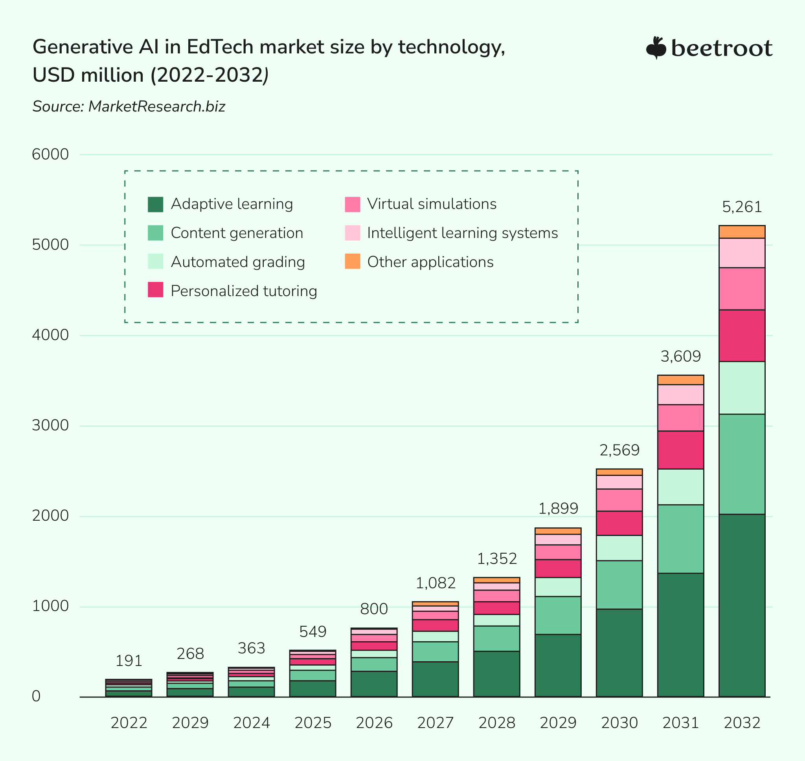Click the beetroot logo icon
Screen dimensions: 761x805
click(x=656, y=48)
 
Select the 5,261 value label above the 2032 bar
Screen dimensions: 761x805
click(x=742, y=207)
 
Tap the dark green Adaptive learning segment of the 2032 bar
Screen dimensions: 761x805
click(x=742, y=605)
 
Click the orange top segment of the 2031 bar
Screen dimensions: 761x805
click(x=680, y=380)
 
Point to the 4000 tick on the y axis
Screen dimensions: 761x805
click(x=50, y=335)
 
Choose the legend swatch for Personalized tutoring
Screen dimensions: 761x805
click(x=156, y=290)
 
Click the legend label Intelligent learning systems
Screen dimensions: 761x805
click(x=462, y=233)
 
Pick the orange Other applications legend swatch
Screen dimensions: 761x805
click(x=352, y=261)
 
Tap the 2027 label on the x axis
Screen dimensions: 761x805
click(x=435, y=723)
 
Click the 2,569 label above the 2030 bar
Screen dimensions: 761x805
click(x=619, y=450)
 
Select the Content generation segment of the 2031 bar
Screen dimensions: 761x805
click(x=680, y=539)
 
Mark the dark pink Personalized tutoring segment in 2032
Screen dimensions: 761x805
click(x=742, y=335)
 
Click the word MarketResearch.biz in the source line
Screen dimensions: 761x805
click(x=157, y=107)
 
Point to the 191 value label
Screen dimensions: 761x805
click(x=129, y=661)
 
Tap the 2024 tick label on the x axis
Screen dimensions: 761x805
click(x=251, y=723)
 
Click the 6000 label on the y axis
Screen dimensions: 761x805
click(x=50, y=155)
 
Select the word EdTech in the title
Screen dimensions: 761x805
click(x=221, y=47)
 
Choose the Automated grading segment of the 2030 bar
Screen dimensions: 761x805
click(x=619, y=548)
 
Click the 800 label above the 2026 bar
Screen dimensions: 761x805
click(x=374, y=609)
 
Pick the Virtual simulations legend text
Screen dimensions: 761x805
click(x=432, y=204)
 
